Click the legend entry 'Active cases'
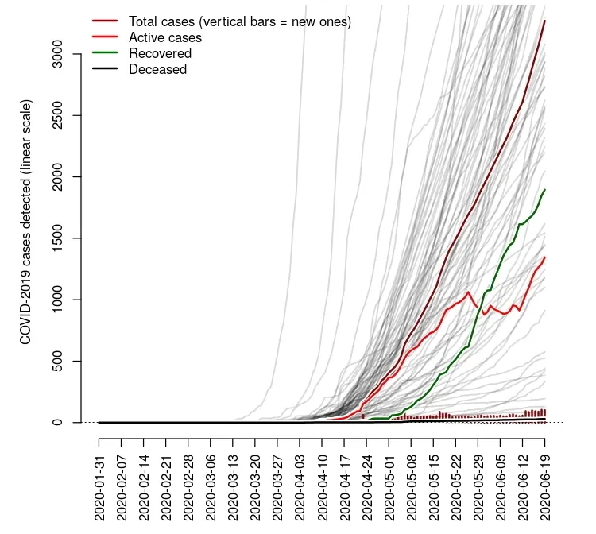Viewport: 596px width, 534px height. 164,37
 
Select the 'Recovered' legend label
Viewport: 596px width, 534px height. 160,53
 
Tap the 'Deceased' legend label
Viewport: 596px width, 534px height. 157,69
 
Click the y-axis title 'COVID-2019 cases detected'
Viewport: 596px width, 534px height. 25,222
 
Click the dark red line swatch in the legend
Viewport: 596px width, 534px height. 105,21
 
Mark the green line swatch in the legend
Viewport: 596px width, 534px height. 105,53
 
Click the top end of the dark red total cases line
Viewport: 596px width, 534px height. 545,21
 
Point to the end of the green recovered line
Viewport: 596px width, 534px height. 546,190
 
